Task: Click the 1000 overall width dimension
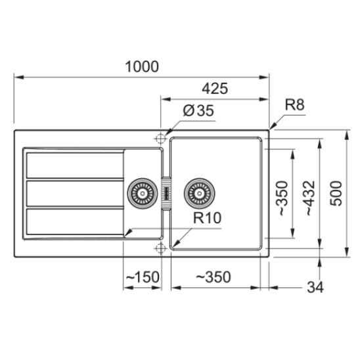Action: pos(142,66)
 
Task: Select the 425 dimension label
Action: pos(215,89)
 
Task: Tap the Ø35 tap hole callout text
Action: pos(198,110)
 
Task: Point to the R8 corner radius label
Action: pos(294,104)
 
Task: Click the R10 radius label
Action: pos(207,218)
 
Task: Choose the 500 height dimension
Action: pos(336,193)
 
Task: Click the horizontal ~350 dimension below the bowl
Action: pos(214,277)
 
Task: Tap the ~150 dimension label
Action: pos(143,277)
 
